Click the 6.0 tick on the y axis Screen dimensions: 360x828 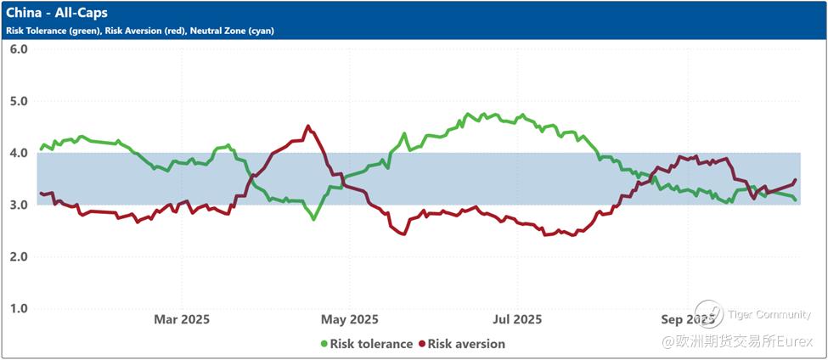[19, 49]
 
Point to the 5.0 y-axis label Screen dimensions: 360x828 [19, 101]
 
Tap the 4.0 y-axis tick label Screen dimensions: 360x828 [19, 153]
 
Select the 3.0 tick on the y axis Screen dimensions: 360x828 [19, 205]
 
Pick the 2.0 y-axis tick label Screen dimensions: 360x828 [19, 256]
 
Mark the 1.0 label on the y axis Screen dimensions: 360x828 [19, 308]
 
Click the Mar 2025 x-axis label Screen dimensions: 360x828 [181, 319]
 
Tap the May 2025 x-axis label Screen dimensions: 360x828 [350, 319]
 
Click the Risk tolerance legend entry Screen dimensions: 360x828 [371, 344]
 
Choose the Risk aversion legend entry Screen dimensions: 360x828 [466, 344]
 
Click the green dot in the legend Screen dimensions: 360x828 [324, 344]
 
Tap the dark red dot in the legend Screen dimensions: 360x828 [421, 344]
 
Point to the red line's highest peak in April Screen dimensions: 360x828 [307, 127]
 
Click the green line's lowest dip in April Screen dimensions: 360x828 [313, 219]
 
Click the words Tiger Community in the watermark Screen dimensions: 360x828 [769, 315]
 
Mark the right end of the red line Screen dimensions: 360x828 [795, 180]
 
